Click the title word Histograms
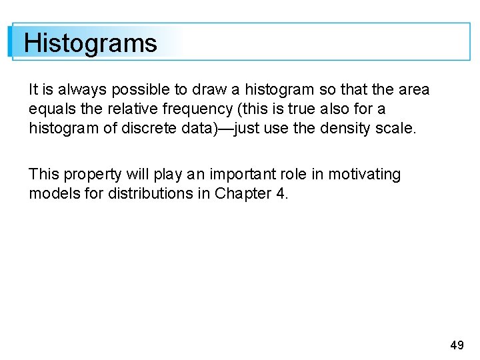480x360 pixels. [x=90, y=43]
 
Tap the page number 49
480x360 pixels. [x=457, y=345]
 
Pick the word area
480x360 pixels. [x=413, y=89]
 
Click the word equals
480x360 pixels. [x=51, y=109]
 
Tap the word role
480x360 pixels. [x=293, y=175]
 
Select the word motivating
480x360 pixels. [x=363, y=175]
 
